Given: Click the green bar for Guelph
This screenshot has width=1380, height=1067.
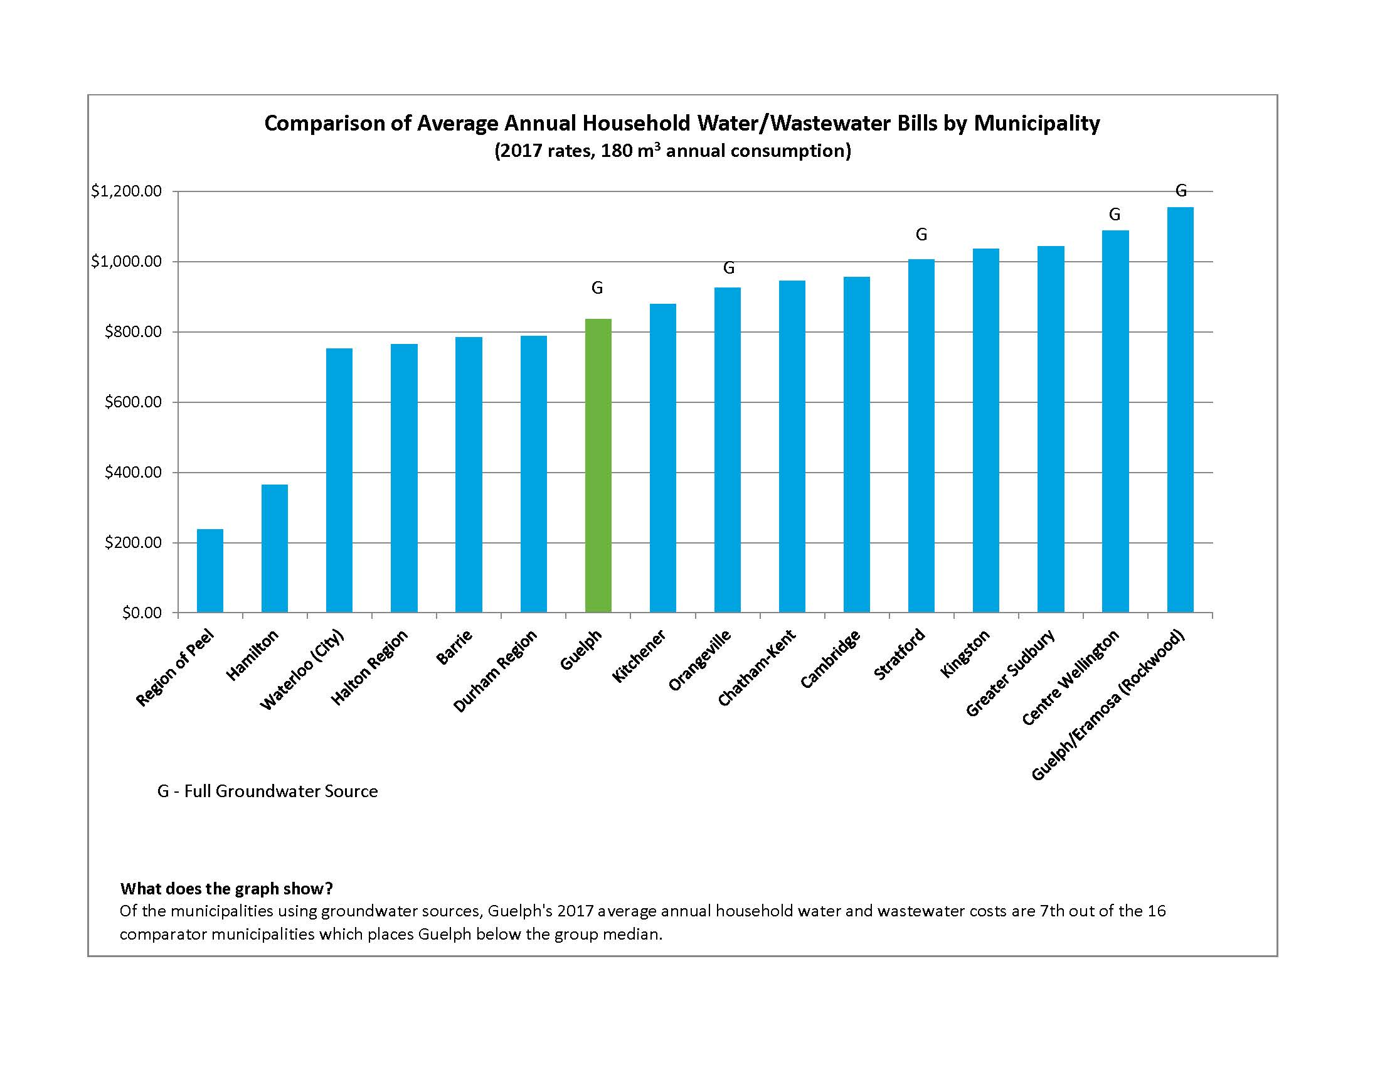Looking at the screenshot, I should click(598, 466).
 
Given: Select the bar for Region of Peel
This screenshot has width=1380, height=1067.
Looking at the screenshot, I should click(210, 571).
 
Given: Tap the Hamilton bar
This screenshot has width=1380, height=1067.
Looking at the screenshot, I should click(274, 548).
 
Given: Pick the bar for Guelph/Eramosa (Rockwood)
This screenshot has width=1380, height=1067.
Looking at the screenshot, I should click(1180, 410).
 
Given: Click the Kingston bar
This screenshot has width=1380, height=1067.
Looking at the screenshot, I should click(985, 431).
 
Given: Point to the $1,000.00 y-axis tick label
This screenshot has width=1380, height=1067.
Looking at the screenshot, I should click(126, 262).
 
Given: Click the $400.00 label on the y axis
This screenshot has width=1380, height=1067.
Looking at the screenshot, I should click(134, 473).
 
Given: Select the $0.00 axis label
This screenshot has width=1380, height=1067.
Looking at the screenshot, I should click(142, 613).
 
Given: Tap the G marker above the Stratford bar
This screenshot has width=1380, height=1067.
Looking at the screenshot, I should click(921, 235).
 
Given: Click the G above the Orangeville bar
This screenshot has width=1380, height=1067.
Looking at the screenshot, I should click(728, 269).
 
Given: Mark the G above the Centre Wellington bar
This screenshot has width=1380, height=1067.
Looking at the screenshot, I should click(1115, 215).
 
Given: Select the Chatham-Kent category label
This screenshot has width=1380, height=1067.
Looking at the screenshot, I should click(756, 668).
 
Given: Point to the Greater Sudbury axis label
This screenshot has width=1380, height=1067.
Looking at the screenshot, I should click(1011, 673).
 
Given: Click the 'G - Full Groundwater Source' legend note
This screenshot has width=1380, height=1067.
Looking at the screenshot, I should click(267, 791).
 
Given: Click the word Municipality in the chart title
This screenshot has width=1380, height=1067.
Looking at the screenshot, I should click(1036, 123).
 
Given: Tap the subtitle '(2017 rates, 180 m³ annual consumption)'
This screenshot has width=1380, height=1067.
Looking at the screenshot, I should click(672, 151).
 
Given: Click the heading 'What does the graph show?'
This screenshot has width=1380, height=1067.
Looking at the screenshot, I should click(226, 889).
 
